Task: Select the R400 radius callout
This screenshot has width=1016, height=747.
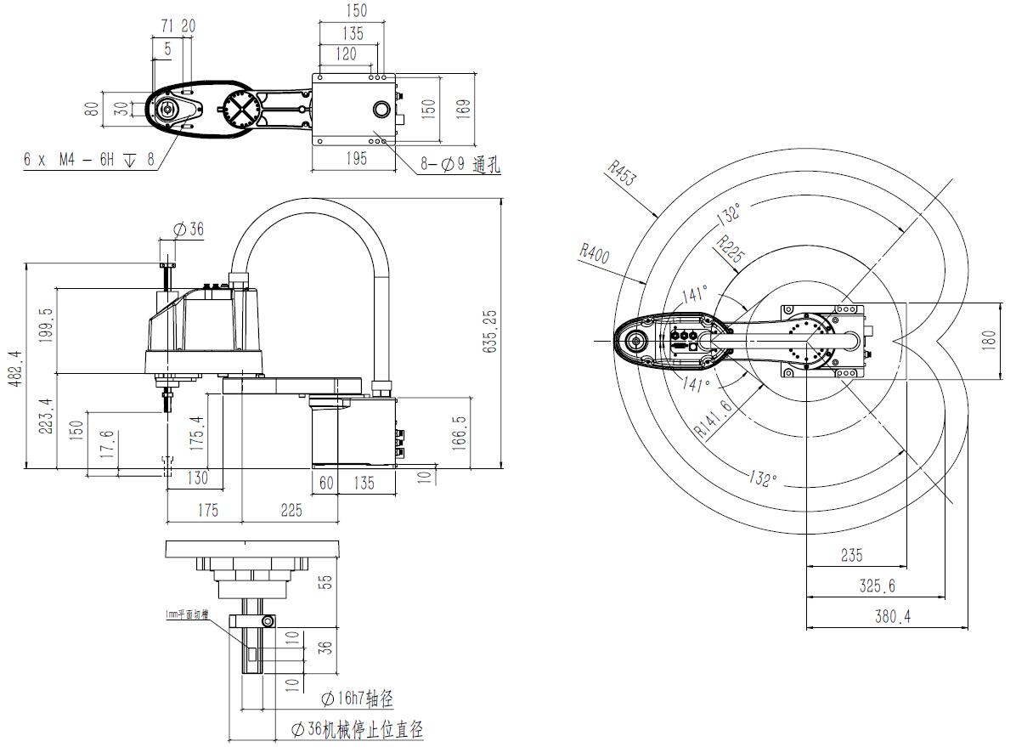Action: tap(595, 253)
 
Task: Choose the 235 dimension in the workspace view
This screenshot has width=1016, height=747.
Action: tap(851, 556)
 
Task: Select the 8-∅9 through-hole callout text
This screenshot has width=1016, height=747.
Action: tap(459, 166)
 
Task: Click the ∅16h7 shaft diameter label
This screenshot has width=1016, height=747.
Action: tap(357, 699)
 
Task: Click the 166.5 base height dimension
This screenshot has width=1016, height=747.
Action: tap(460, 431)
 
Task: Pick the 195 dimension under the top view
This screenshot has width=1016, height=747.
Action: tap(356, 158)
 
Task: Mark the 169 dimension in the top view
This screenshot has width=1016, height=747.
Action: tap(463, 108)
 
